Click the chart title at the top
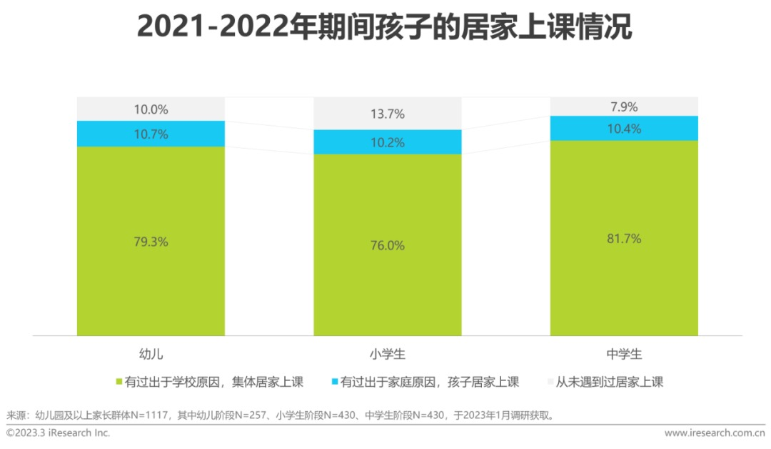(385, 28)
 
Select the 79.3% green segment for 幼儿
(151, 241)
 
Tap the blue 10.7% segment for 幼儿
(151, 134)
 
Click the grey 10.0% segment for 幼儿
(151, 109)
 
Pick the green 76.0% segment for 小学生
(388, 245)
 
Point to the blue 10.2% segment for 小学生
(388, 142)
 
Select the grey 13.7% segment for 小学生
(388, 114)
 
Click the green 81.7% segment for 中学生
(624, 238)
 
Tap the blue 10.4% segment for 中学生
(624, 128)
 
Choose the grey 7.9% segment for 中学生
(624, 107)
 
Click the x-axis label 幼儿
(151, 354)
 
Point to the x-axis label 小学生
(388, 354)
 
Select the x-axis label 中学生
(624, 354)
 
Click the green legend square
(119, 382)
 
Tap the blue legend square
(334, 382)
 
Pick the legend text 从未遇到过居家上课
(610, 382)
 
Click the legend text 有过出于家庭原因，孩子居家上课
(430, 382)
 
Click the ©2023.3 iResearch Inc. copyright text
(59, 433)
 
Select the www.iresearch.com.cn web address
(715, 433)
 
